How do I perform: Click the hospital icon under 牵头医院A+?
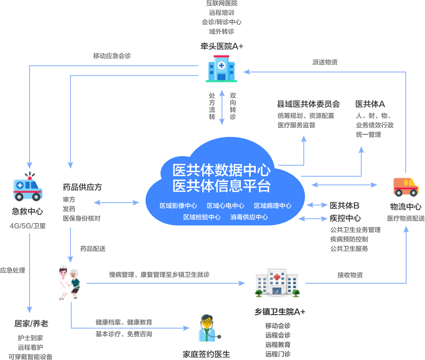tap(221, 68)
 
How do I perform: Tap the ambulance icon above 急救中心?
tap(27, 187)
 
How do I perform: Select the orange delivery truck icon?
tap(406, 187)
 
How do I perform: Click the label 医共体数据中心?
tap(222, 170)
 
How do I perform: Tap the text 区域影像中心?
tap(178, 206)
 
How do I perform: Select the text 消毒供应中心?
tap(249, 217)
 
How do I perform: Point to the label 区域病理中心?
tap(273, 206)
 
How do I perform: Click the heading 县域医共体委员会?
tap(308, 104)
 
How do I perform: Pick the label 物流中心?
tap(406, 207)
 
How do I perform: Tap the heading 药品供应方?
tap(82, 186)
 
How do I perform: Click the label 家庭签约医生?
tap(206, 354)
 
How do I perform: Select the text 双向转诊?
tap(233, 106)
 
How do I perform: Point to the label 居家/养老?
tap(31, 323)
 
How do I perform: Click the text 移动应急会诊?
tap(112, 56)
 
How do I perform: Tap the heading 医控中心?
tap(345, 218)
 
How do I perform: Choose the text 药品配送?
tap(93, 249)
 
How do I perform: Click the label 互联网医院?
tap(222, 4)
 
